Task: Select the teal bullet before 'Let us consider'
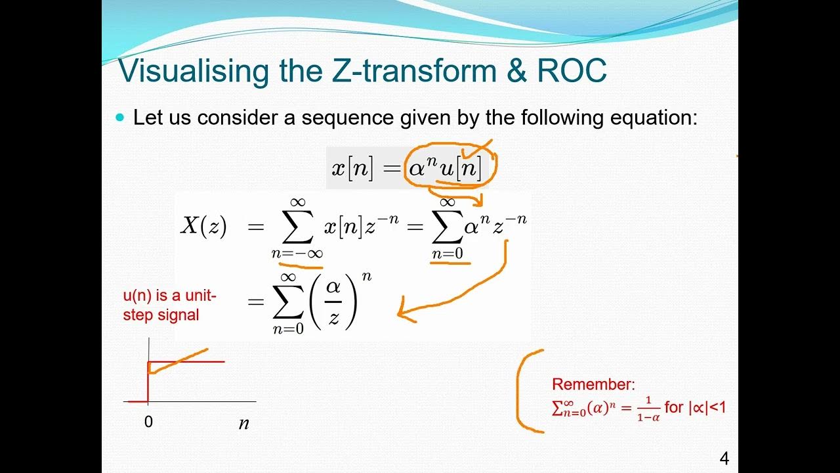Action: pos(119,118)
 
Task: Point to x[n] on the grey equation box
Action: pos(352,169)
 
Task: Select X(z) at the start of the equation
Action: pos(203,226)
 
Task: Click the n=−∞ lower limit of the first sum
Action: pos(297,254)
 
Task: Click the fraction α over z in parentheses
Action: pos(334,302)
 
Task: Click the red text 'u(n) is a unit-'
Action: pos(169,296)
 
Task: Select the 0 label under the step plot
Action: pos(148,422)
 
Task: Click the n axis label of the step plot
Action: pos(243,423)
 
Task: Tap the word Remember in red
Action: pos(593,385)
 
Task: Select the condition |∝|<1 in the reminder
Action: pos(707,407)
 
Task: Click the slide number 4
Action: pos(724,459)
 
